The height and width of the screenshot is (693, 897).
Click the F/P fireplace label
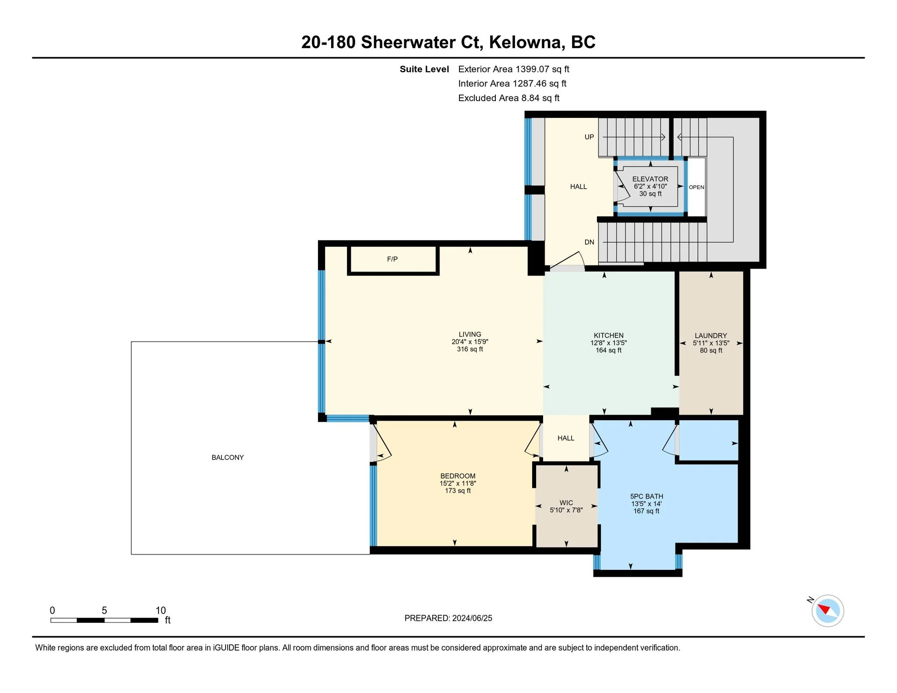coord(392,259)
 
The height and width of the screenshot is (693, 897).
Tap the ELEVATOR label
coord(650,179)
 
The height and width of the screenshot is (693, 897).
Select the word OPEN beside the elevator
coord(696,187)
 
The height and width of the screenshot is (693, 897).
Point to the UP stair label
coord(589,137)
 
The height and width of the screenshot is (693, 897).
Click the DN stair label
coord(589,242)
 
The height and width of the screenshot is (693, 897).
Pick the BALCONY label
coord(227,457)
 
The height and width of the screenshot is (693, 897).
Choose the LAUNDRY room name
coord(710,336)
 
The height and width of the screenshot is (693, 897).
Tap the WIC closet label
coord(566,503)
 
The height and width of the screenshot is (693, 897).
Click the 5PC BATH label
coord(646,496)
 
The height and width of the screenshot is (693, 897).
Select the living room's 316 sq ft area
coord(470,349)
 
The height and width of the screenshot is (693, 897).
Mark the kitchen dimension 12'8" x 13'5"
coord(608,343)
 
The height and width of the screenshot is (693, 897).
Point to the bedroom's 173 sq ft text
coord(458,491)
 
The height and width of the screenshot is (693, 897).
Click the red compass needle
coord(824,609)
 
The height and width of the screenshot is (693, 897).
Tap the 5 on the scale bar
coord(104,610)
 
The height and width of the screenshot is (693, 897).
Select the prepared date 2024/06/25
coord(472,618)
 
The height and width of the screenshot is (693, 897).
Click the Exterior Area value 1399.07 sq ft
coord(542,69)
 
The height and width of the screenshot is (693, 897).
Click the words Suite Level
coord(424,69)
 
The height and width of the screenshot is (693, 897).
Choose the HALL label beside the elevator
coord(578,187)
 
